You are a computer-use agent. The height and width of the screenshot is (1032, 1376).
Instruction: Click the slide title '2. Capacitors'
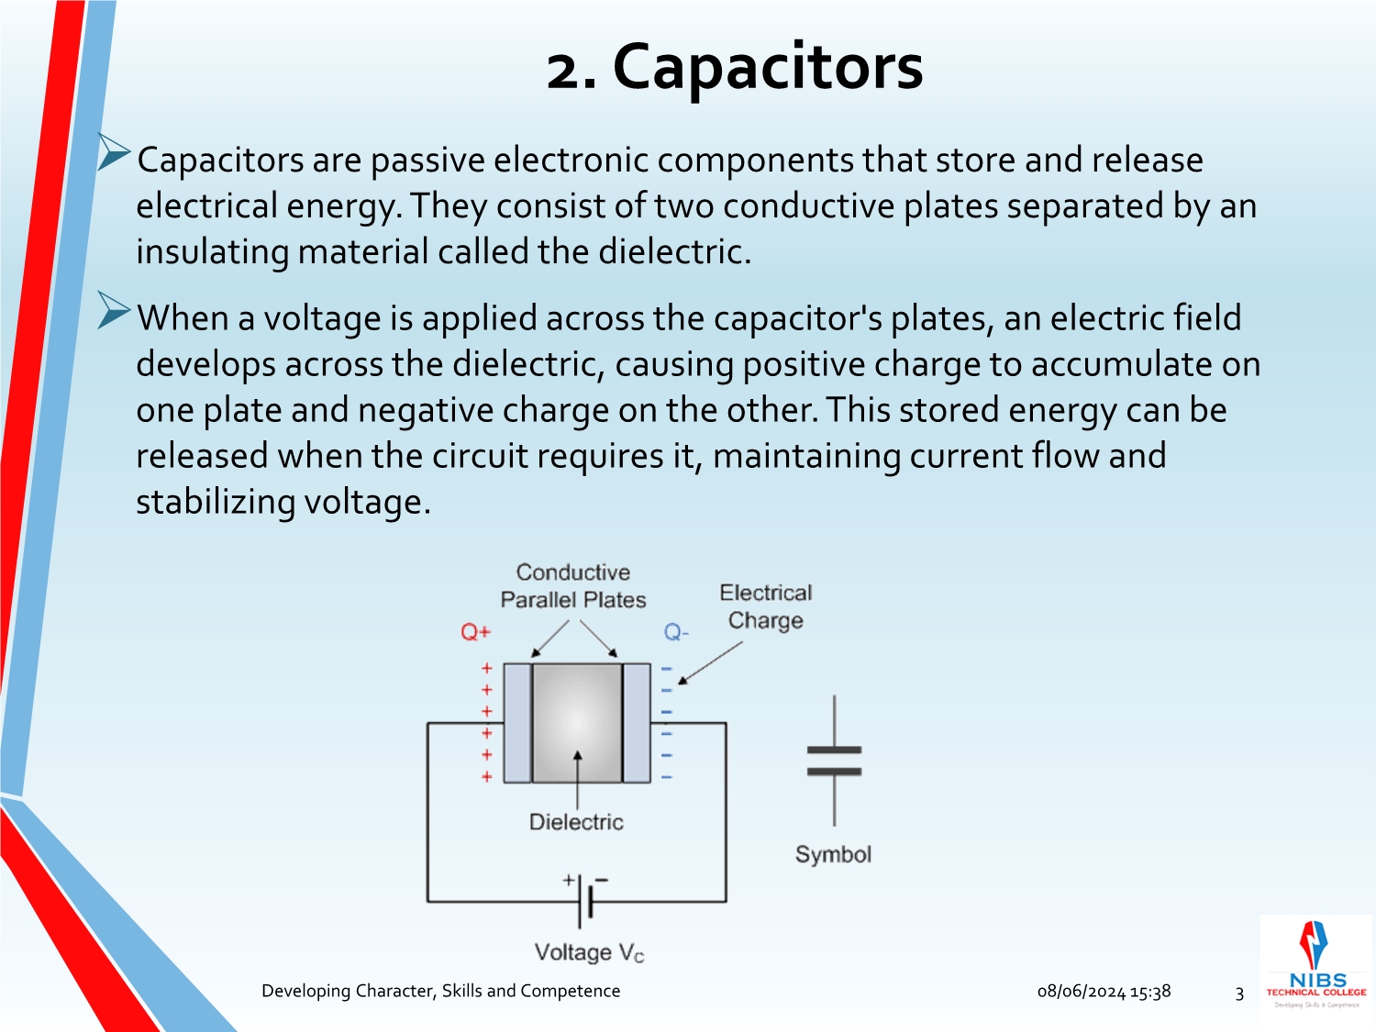(734, 68)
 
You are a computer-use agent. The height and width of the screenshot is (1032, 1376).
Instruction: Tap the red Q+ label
(475, 632)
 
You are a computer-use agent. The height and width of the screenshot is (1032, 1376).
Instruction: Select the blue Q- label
(676, 632)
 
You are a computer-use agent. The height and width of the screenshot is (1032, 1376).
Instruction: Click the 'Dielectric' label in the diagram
(576, 822)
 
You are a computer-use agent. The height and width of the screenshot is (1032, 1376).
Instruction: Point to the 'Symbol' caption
(833, 854)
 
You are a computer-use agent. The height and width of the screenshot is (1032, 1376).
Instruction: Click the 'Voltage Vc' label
(589, 953)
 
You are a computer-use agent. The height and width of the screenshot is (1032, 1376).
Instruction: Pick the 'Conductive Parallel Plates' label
(573, 586)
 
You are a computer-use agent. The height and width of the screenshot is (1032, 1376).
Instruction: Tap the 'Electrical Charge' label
(766, 606)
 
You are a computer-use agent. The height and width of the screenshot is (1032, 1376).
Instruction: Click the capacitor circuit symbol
(834, 760)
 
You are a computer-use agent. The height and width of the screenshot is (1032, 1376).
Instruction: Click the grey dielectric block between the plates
(577, 723)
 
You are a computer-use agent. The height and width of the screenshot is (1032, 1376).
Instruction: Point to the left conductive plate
(517, 723)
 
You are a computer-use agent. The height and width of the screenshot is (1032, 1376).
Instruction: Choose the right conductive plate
(637, 723)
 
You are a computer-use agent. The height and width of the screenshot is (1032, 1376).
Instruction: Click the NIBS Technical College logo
(1316, 964)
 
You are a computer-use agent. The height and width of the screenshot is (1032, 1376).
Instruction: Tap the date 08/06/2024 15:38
(1104, 992)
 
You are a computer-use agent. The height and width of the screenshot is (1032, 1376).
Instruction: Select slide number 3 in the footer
(1239, 993)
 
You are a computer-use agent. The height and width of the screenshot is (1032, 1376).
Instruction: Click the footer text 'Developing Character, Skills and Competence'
(440, 991)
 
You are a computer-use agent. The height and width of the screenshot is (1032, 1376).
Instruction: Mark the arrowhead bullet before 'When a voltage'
(114, 311)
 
